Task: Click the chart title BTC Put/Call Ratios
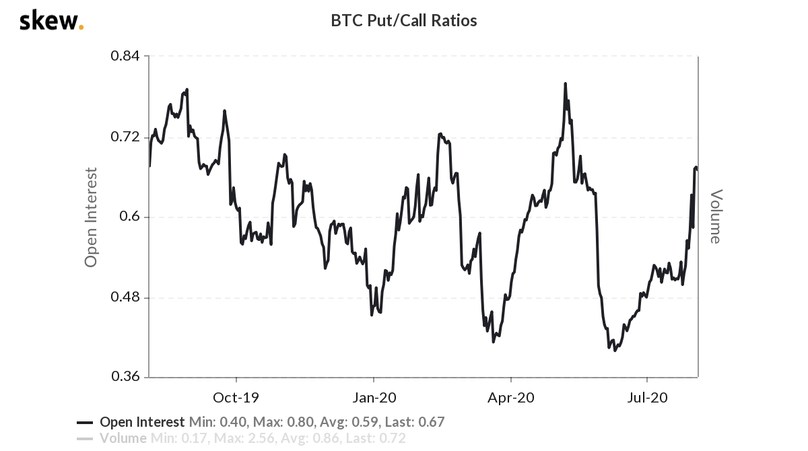403,21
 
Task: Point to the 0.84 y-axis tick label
125,56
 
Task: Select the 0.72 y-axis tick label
125,137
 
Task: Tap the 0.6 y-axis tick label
129,217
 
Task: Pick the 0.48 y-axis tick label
125,298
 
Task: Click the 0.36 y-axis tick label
125,377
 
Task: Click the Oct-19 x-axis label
236,397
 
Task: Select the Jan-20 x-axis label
374,397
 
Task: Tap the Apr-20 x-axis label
511,397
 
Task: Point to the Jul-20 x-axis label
647,397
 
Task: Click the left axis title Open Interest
91,217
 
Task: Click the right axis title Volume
715,217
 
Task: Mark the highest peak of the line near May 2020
566,84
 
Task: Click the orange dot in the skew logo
81,28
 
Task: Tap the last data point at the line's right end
697,168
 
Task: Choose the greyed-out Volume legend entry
123,439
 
